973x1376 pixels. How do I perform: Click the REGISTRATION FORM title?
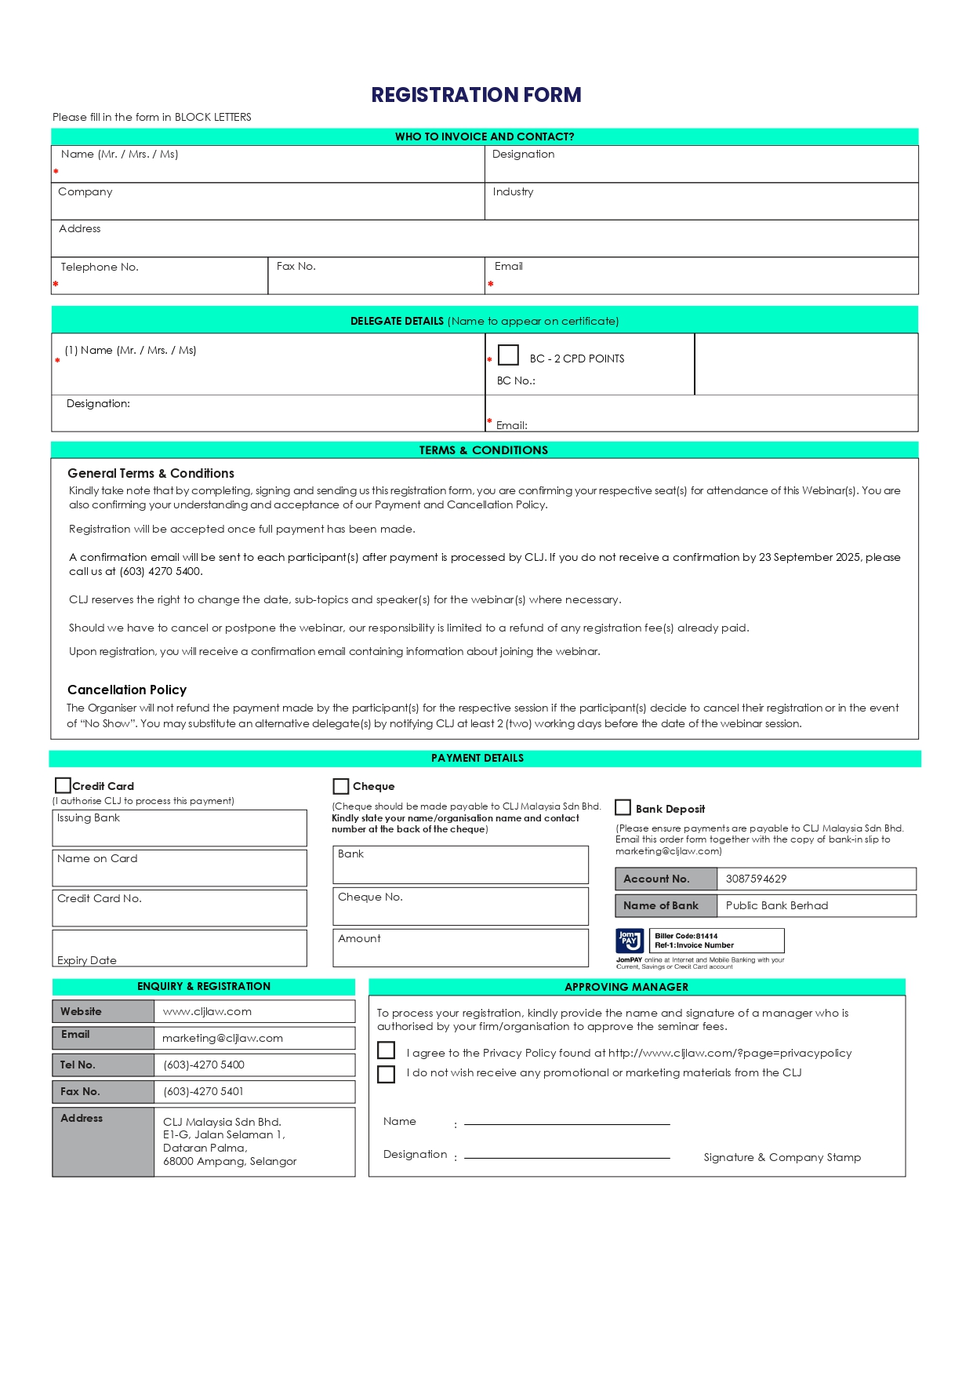point(476,95)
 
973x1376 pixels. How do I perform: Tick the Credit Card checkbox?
point(63,785)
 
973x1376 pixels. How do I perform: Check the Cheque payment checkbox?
point(340,786)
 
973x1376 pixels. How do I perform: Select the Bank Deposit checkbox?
point(623,807)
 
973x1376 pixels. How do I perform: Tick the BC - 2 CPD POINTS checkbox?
point(508,355)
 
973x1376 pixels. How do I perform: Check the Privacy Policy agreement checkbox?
point(386,1050)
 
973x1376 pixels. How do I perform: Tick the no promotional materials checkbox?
point(386,1073)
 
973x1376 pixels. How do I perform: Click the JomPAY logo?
point(630,940)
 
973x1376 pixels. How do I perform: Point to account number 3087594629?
point(756,879)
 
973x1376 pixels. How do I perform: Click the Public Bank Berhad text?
point(776,905)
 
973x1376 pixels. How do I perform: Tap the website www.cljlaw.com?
point(207,1011)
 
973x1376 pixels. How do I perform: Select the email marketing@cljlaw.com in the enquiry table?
point(223,1038)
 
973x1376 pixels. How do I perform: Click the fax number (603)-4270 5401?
point(203,1091)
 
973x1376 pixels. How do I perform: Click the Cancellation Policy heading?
point(127,690)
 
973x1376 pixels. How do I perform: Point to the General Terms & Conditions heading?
point(151,473)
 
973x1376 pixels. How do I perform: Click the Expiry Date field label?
point(87,960)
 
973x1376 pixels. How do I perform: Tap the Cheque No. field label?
point(370,897)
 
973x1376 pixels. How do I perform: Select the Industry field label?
point(513,191)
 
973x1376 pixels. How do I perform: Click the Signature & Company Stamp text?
point(782,1157)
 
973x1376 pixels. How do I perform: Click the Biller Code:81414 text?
point(686,936)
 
